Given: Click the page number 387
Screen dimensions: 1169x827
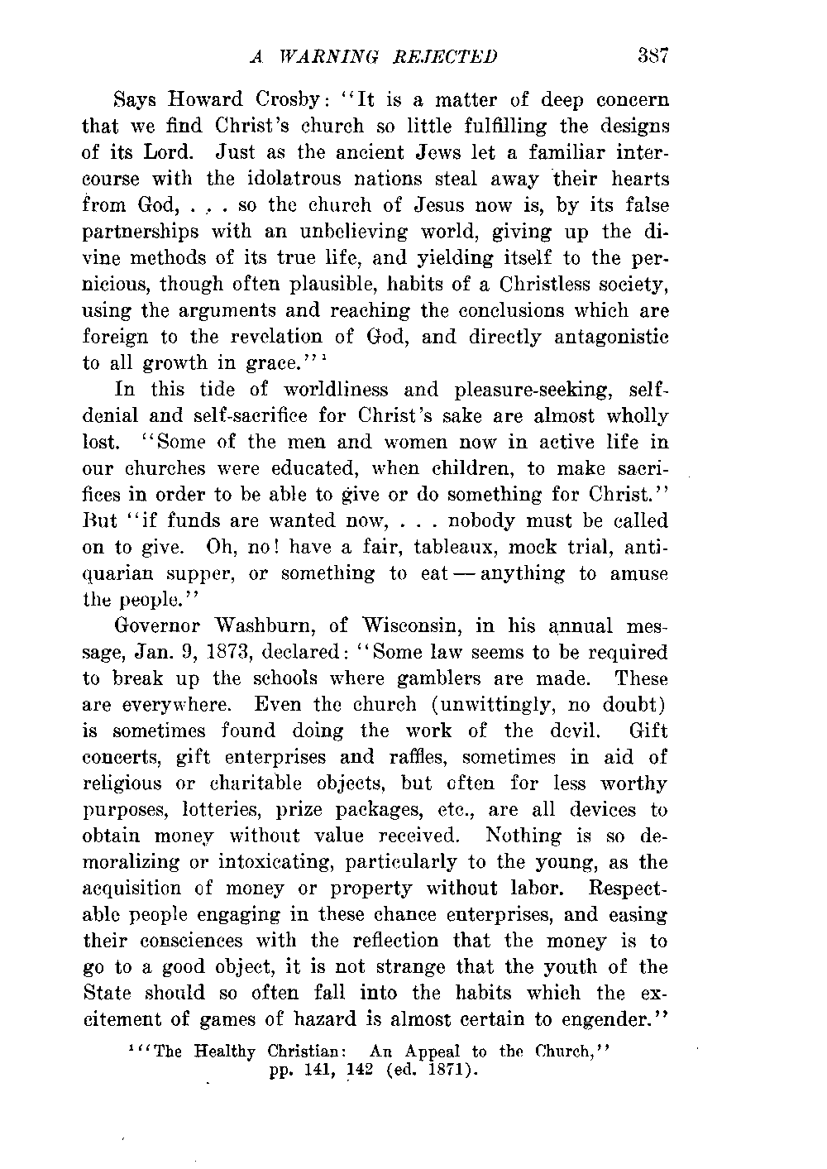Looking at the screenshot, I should point(652,56).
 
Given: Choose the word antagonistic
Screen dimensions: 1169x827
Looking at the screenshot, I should point(612,338).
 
